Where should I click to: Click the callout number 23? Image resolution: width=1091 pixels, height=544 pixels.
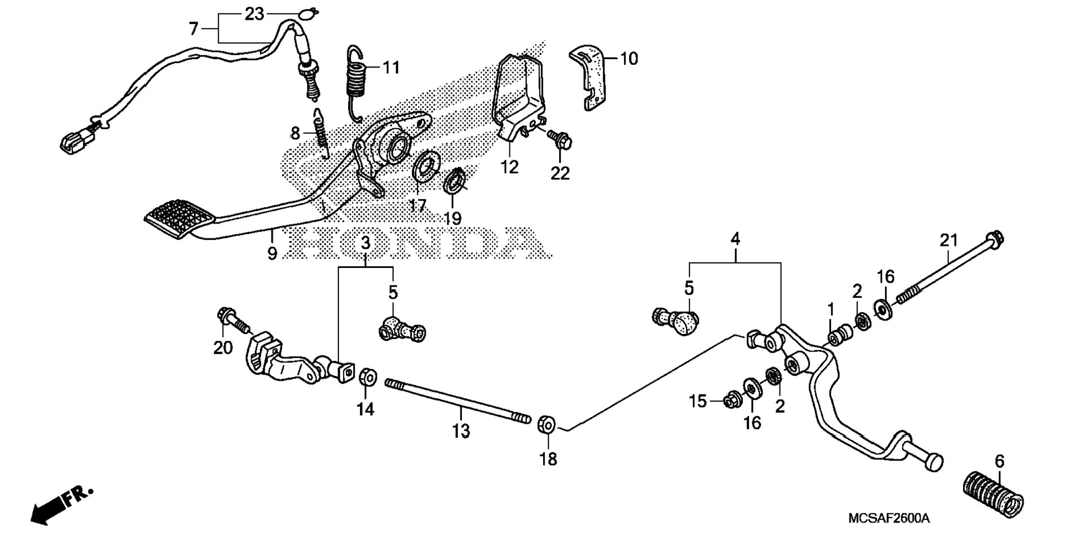(254, 14)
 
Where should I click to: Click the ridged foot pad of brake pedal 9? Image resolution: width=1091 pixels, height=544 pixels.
(180, 217)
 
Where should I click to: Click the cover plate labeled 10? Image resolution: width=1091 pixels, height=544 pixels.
(591, 77)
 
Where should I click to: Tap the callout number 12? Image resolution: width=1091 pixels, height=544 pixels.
(509, 167)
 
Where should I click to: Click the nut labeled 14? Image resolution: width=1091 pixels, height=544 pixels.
(368, 377)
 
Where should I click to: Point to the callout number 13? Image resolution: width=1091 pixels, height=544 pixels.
(461, 432)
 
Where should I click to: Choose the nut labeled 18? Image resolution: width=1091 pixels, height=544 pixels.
(546, 425)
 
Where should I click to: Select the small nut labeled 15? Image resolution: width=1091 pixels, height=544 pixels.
(733, 400)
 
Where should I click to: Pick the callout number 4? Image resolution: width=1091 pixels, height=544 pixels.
(735, 239)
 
